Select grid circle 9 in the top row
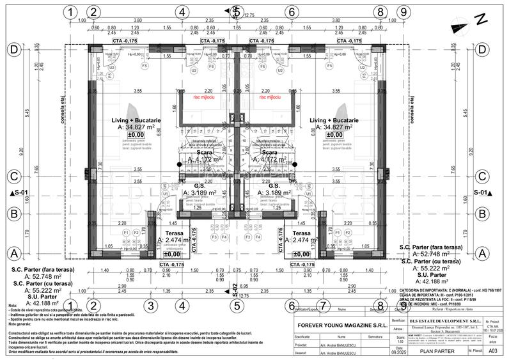pos(402,12)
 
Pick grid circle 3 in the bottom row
pos(150,306)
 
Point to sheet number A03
pos(492,350)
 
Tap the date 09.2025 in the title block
pos(398,350)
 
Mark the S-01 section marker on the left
pos(19,191)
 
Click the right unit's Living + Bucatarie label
pos(334,120)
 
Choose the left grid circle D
pos(13,50)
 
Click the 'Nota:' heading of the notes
pos(14,306)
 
